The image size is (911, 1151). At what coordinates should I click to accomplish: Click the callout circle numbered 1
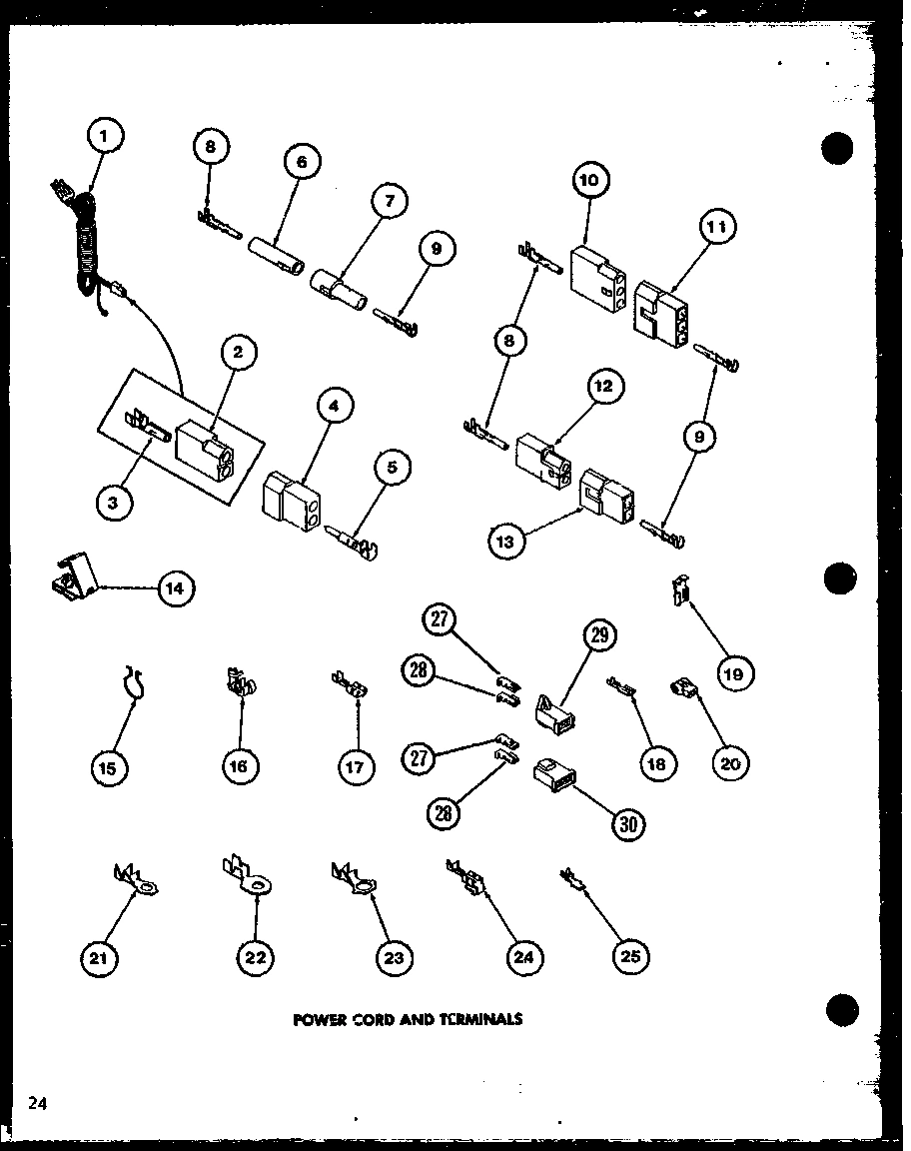coord(107,136)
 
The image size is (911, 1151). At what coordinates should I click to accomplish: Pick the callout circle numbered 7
coord(389,202)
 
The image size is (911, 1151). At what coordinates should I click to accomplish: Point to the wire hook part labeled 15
coord(133,682)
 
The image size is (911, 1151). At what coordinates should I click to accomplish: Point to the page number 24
coord(37,1103)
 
